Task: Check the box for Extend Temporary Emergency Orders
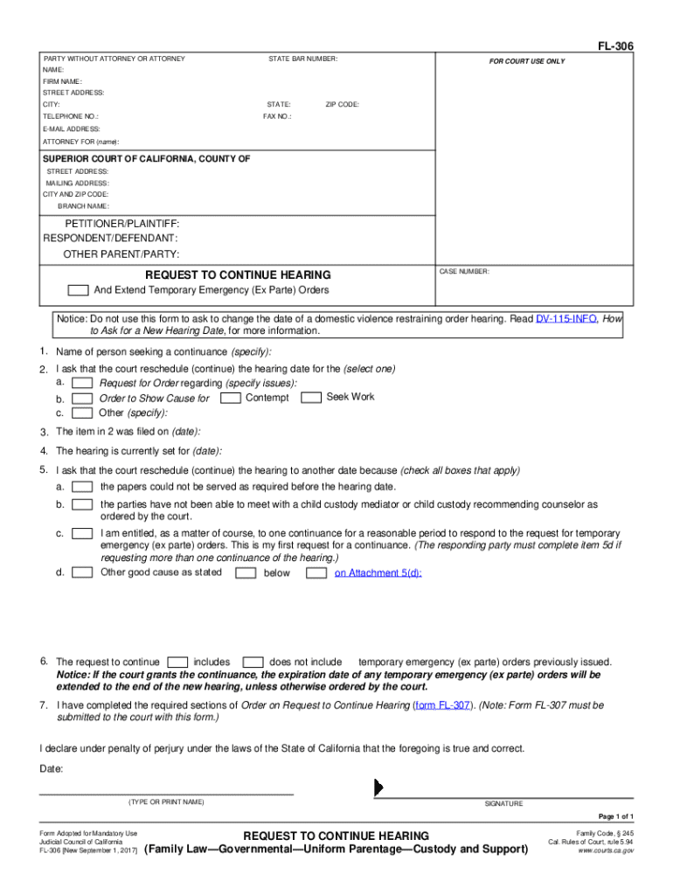79,290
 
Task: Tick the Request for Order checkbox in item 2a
83,384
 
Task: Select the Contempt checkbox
232,398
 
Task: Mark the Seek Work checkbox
311,398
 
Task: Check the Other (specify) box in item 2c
83,413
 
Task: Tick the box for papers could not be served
83,487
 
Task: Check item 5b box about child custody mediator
83,505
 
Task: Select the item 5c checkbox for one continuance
83,533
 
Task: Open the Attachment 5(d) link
378,573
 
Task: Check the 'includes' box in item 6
177,663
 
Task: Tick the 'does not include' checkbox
253,663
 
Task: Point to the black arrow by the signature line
378,787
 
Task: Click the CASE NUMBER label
465,272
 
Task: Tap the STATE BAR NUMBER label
302,59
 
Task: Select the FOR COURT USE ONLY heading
527,62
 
